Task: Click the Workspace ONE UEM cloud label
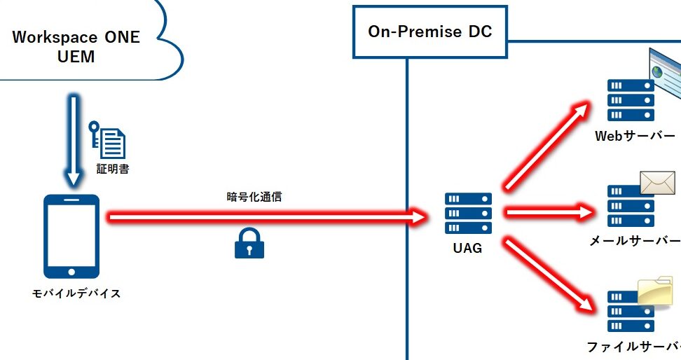click(76, 46)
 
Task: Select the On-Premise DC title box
click(430, 32)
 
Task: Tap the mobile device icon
click(71, 236)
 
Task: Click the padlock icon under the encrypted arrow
click(249, 243)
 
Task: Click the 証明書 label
click(112, 169)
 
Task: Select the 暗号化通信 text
click(254, 197)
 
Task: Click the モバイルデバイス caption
click(76, 293)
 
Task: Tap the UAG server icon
click(468, 213)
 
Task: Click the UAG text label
click(467, 247)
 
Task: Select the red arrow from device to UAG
click(266, 217)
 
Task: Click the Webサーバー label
click(635, 136)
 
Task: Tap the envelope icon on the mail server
click(656, 184)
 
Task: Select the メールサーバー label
click(635, 241)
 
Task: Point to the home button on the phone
click(71, 270)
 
